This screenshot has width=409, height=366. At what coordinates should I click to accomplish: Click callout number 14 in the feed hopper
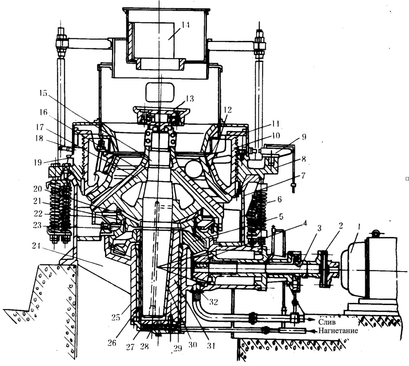185,25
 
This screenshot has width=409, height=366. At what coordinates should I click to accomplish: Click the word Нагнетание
338,331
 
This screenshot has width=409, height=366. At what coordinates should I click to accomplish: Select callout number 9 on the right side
303,137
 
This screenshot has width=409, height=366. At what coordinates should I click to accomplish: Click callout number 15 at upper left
43,93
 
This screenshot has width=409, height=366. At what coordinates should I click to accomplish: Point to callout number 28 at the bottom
144,346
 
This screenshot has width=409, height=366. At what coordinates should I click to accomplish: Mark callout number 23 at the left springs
38,225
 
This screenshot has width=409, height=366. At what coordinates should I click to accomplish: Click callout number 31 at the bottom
211,346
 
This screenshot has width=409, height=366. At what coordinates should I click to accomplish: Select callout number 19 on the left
38,162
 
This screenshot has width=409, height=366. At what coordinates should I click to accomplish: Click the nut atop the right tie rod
260,33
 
